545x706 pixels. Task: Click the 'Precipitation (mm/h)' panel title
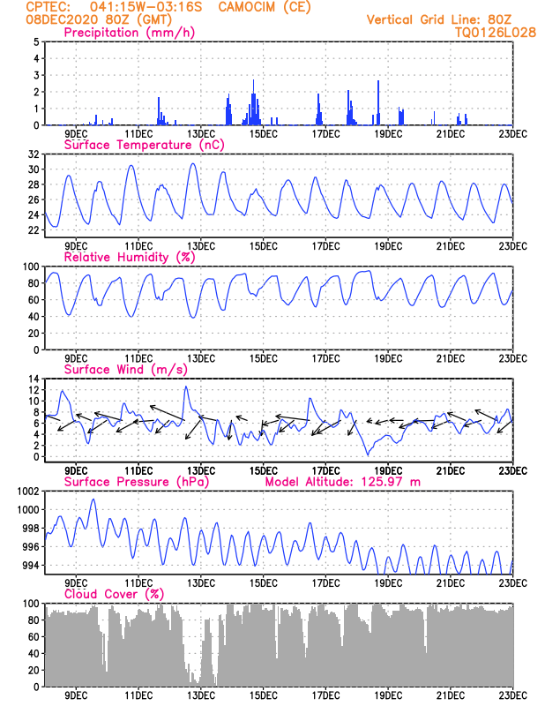(129, 33)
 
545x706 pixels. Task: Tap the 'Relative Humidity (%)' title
(129, 257)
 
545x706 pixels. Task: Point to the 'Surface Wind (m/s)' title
(125, 370)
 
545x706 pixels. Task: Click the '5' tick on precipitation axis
(35, 41)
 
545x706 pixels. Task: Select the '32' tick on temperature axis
(33, 154)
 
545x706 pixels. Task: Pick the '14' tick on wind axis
(33, 379)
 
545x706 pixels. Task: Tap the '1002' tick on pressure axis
(26, 492)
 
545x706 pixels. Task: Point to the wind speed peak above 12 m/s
(185, 387)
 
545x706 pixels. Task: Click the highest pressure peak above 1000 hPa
(93, 499)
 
